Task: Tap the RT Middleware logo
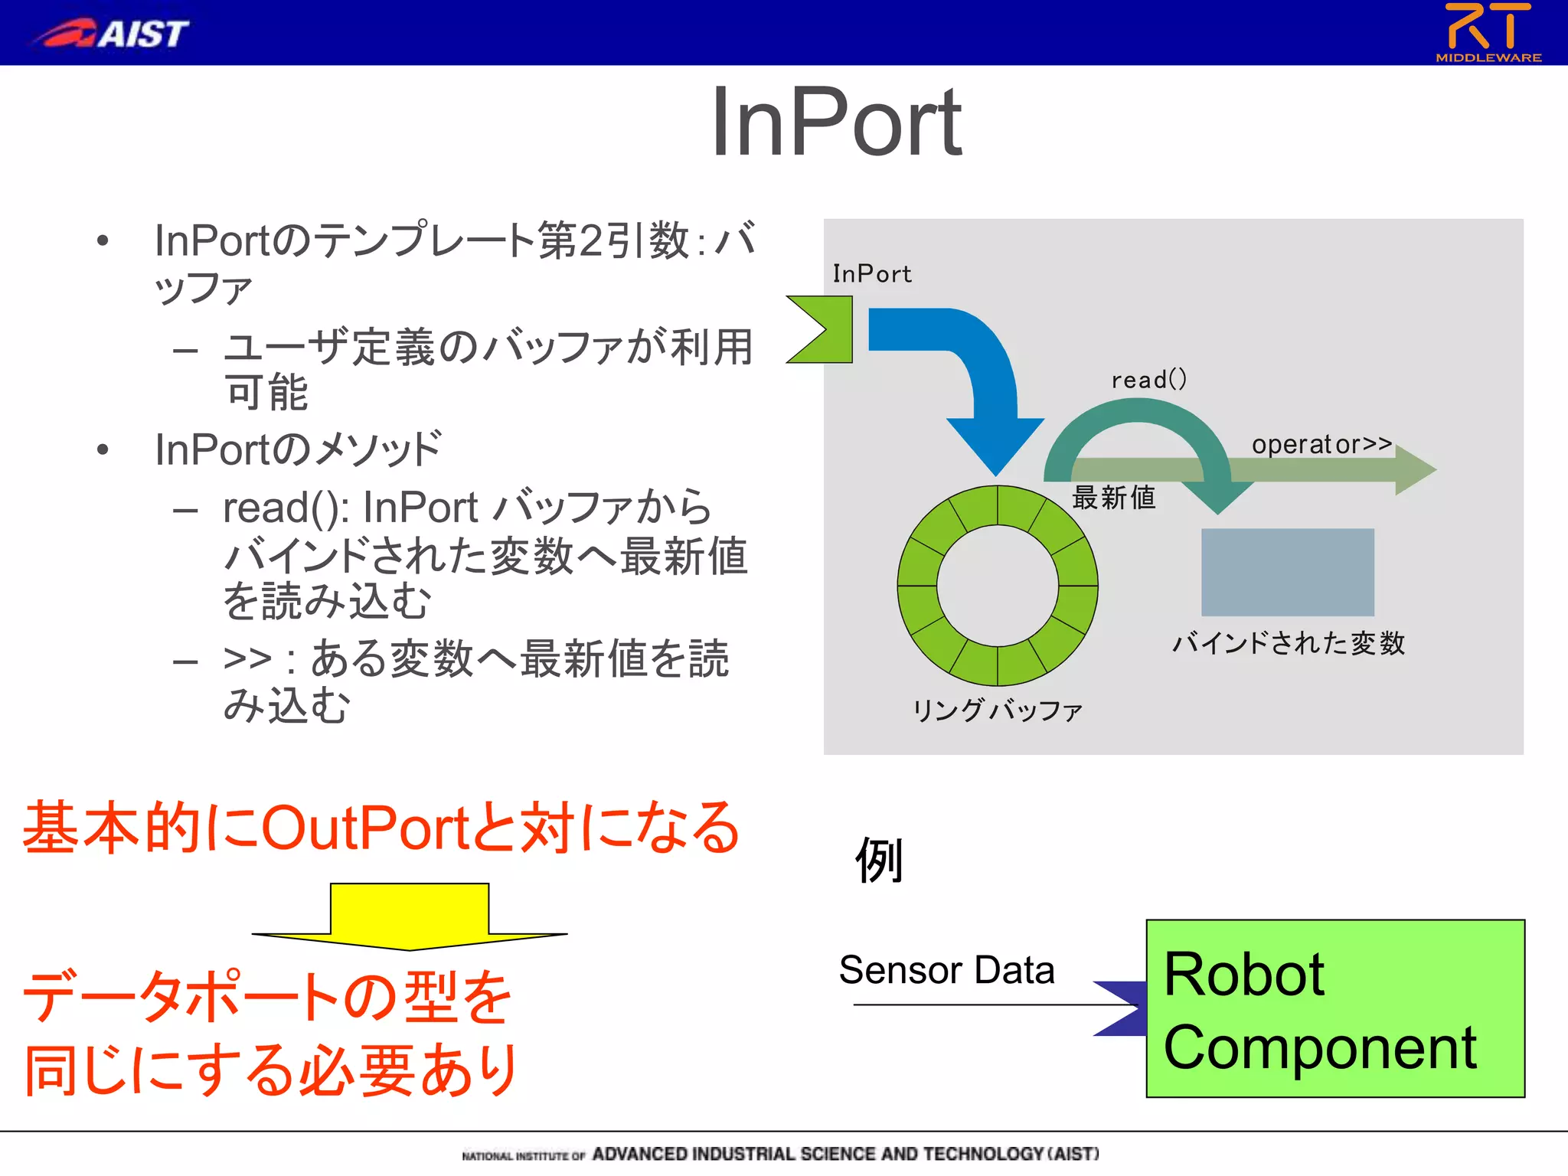(1488, 32)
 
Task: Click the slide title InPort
(836, 122)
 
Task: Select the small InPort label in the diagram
(871, 274)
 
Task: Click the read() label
(1148, 379)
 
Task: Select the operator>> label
(1321, 444)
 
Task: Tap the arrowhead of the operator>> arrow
(1414, 470)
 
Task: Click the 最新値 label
(1113, 498)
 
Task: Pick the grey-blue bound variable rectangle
(1287, 572)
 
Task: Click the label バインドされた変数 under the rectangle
(1289, 643)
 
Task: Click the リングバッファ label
(997, 710)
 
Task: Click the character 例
(880, 860)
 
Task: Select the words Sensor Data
(946, 970)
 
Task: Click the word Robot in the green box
(1243, 975)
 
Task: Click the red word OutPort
(364, 828)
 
